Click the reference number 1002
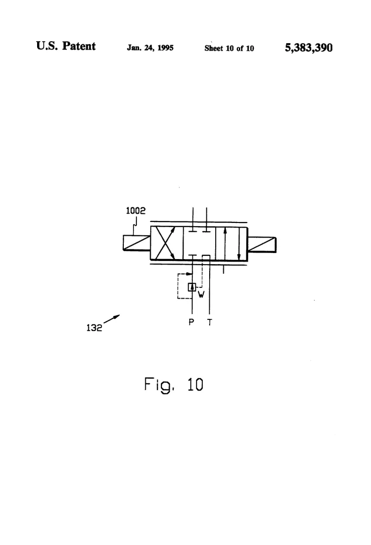[135, 210]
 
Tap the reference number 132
[94, 328]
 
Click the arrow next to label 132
[112, 319]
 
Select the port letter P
[191, 322]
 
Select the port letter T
[209, 322]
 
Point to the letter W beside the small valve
[201, 295]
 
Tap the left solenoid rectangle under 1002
[137, 243]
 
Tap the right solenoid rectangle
[262, 245]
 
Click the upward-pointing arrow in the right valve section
[225, 243]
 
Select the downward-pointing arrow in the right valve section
[239, 243]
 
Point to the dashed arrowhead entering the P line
[190, 274]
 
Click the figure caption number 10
[195, 385]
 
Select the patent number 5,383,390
[309, 48]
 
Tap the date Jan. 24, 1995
[150, 48]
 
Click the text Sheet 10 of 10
[229, 48]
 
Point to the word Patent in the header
[79, 46]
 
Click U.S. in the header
[47, 46]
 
